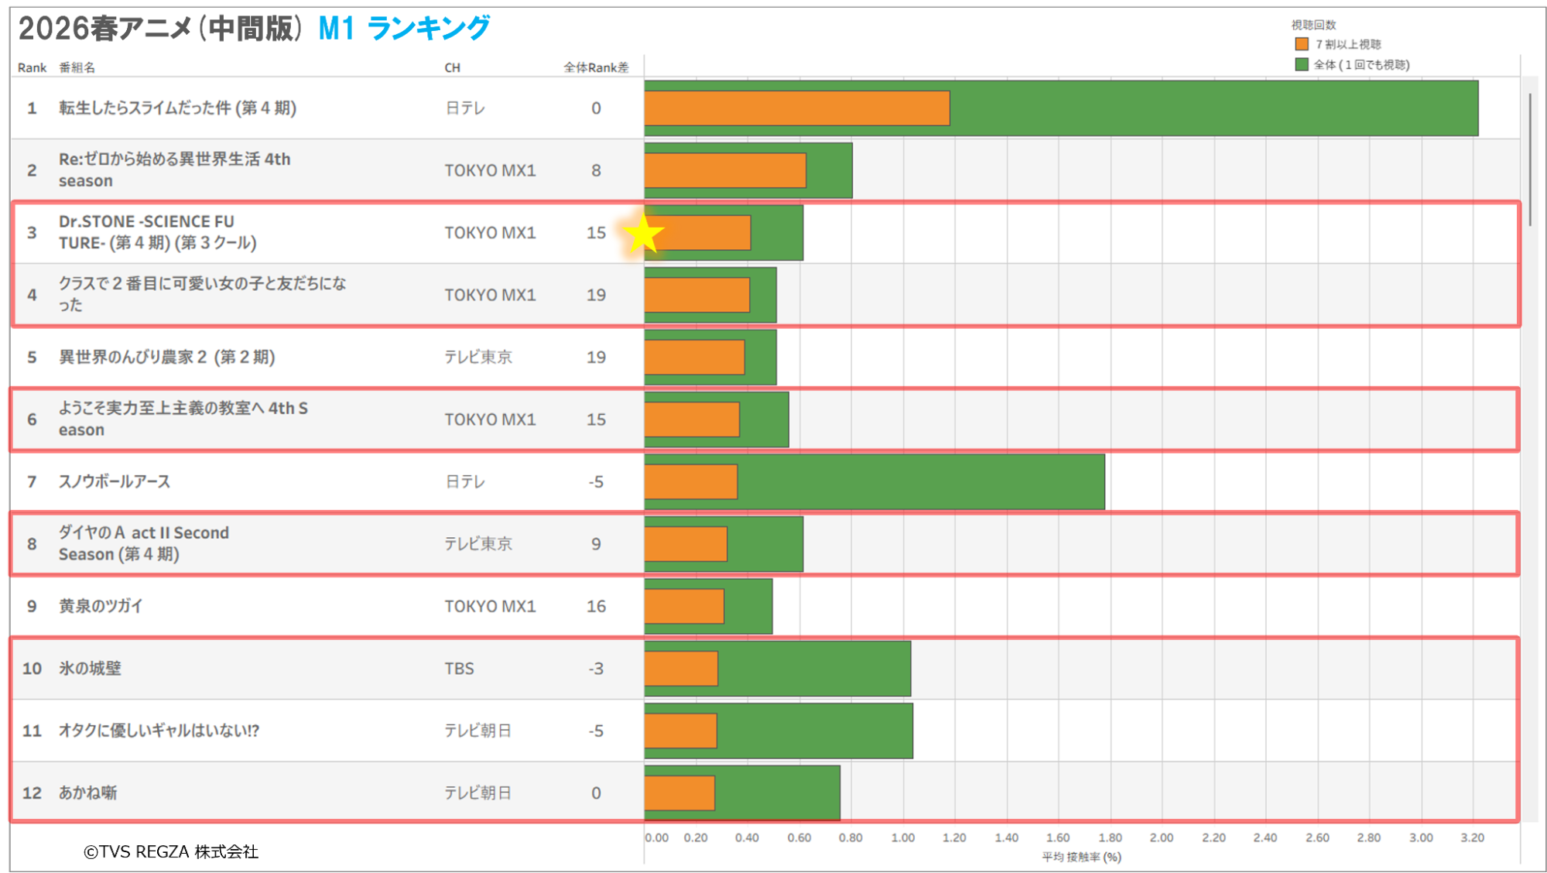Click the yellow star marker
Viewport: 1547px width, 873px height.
tap(642, 234)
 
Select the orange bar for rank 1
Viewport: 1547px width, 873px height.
tap(797, 108)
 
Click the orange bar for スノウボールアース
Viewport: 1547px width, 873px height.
tap(691, 481)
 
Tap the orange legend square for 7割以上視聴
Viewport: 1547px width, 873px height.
tap(1302, 44)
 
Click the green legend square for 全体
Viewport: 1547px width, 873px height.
tap(1302, 64)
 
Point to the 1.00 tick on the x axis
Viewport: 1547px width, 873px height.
tap(902, 837)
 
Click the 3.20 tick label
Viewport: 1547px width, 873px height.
tap(1472, 837)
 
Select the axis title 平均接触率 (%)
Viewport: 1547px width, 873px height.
tap(1081, 857)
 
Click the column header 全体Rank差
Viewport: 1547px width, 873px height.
tap(596, 67)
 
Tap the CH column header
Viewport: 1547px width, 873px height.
tap(452, 67)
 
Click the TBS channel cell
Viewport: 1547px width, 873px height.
tap(459, 668)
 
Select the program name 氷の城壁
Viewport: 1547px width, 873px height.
tap(90, 668)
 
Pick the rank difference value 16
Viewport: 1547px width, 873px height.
tap(596, 606)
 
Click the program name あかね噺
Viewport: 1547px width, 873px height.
tap(87, 793)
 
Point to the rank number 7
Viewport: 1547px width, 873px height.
tap(32, 481)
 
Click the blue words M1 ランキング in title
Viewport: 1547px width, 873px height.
tap(404, 29)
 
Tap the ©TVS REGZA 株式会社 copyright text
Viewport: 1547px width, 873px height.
tap(171, 851)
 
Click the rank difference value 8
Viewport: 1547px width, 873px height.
tap(596, 170)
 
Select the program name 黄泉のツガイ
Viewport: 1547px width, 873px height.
tap(101, 606)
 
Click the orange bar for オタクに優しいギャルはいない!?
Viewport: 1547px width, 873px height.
tap(681, 731)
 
